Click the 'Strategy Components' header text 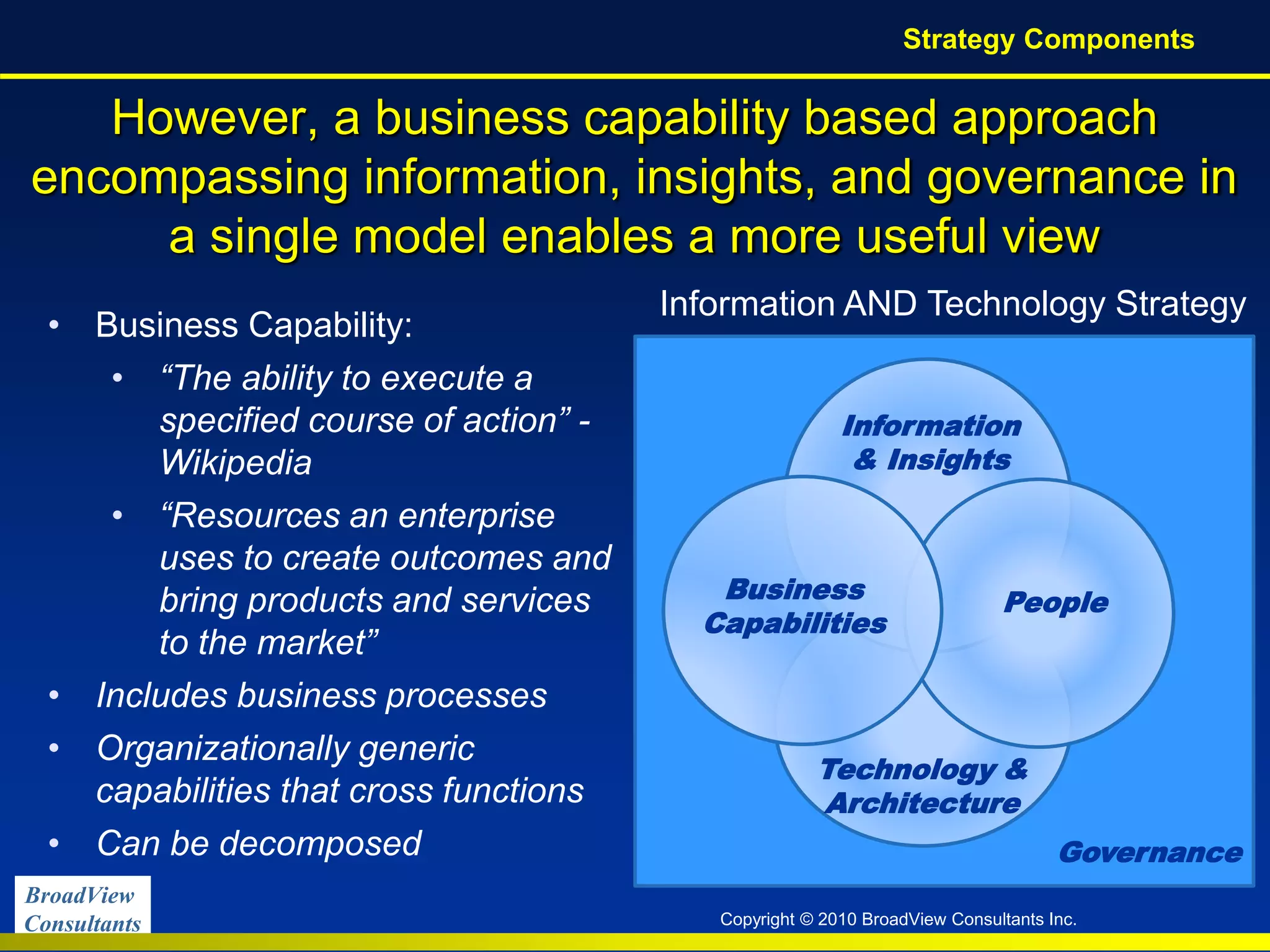(1048, 39)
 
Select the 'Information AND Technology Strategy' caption (952, 304)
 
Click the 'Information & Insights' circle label (931, 443)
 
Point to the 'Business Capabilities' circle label (796, 606)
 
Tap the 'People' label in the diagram (1055, 602)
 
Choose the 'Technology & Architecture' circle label (924, 786)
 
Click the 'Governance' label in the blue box (1150, 853)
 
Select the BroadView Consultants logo (82, 908)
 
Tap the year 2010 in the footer (838, 919)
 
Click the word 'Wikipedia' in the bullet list (236, 462)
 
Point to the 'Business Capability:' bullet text (254, 325)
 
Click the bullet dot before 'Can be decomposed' (55, 844)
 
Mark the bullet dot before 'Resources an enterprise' (118, 516)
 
